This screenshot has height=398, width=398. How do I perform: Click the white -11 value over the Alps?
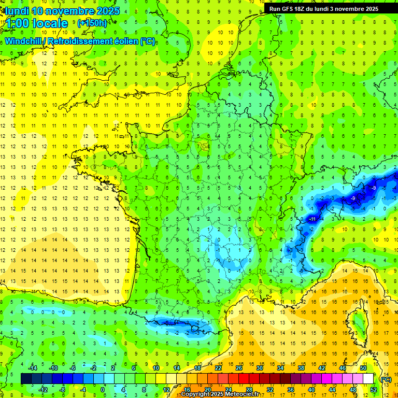(x=312, y=219)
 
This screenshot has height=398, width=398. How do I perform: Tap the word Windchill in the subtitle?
(x=24, y=41)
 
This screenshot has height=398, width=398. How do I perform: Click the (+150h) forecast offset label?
(x=92, y=23)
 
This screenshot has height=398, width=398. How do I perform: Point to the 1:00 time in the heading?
(x=18, y=23)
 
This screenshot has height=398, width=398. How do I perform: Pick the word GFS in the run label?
(x=289, y=9)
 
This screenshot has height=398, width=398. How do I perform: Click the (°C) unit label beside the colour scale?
(x=386, y=379)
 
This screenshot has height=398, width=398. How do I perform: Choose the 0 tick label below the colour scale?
(x=103, y=389)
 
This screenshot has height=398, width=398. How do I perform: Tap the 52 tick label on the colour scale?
(x=373, y=389)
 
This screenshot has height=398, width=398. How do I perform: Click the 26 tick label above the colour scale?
(x=238, y=368)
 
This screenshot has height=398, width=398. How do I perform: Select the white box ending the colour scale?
(x=368, y=379)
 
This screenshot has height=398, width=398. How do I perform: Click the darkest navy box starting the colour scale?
(x=26, y=379)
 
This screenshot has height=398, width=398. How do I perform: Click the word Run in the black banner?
(x=275, y=9)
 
